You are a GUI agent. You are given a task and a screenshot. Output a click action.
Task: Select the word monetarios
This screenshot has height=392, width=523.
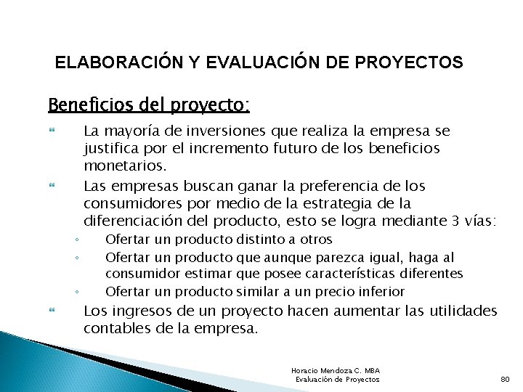pyautogui.click(x=121, y=166)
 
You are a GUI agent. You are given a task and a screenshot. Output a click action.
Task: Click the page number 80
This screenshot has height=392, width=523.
pyautogui.click(x=506, y=379)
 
